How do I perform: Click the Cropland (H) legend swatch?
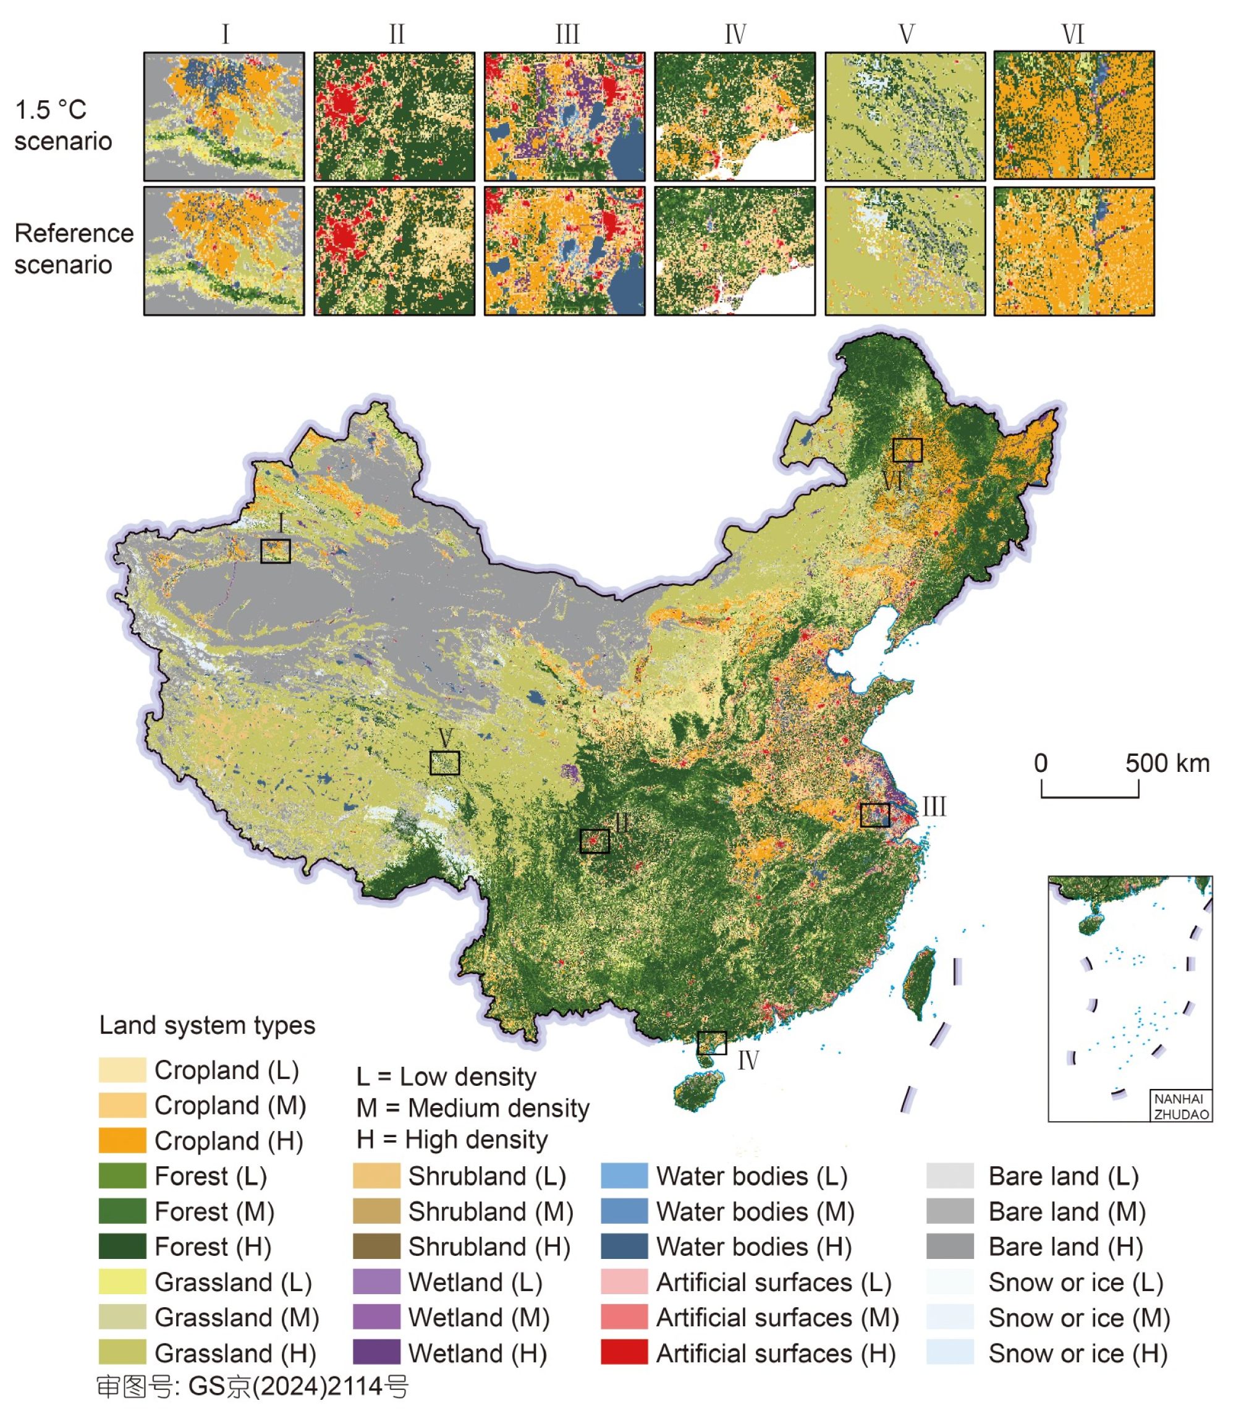click(x=122, y=1140)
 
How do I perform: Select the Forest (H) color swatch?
click(x=122, y=1247)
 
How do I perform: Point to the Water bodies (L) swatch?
click(x=624, y=1175)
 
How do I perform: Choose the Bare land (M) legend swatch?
click(x=950, y=1211)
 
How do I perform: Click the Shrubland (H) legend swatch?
click(x=376, y=1247)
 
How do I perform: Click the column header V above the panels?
click(x=907, y=35)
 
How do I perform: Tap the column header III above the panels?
click(x=567, y=35)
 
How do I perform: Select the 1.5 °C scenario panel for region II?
click(x=394, y=117)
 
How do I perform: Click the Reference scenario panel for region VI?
click(x=1074, y=251)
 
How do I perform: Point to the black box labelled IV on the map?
click(x=711, y=1043)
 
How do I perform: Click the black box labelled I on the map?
click(x=275, y=551)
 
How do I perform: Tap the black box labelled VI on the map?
click(x=907, y=450)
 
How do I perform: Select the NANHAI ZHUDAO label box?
click(x=1181, y=1106)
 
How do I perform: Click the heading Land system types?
click(x=207, y=1025)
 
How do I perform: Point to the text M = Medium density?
click(x=473, y=1108)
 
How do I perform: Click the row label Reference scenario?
click(x=73, y=249)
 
